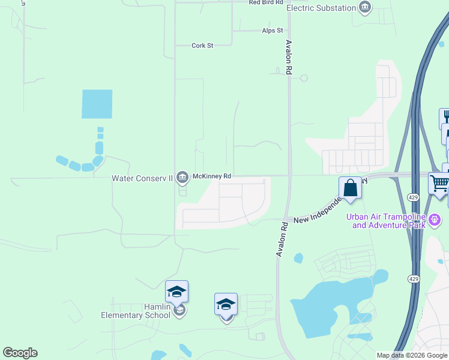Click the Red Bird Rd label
(265, 3)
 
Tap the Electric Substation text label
(321, 8)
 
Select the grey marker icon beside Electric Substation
(364, 8)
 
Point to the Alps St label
(272, 31)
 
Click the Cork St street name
(202, 46)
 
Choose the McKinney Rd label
(211, 176)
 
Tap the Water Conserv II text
(142, 178)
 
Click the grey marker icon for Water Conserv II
(182, 178)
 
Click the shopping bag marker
(350, 188)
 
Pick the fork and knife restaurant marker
(445, 117)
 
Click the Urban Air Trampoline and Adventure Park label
(389, 221)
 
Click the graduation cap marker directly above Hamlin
(176, 292)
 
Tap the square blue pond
(97, 104)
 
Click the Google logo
(20, 353)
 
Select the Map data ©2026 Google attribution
(412, 355)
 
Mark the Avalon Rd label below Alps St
(289, 57)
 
